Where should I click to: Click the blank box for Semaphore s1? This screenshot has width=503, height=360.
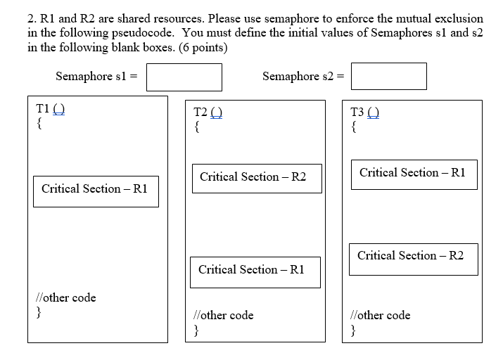click(184, 77)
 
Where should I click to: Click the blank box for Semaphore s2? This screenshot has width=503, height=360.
click(388, 76)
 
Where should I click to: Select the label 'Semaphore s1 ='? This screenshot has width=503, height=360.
click(96, 76)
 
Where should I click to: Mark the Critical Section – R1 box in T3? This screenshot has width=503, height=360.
click(414, 174)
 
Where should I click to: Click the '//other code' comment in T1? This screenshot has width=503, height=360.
click(66, 297)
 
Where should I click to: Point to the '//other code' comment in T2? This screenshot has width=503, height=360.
click(224, 315)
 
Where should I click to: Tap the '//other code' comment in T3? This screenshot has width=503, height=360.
click(381, 315)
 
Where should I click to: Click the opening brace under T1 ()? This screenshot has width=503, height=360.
click(39, 124)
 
